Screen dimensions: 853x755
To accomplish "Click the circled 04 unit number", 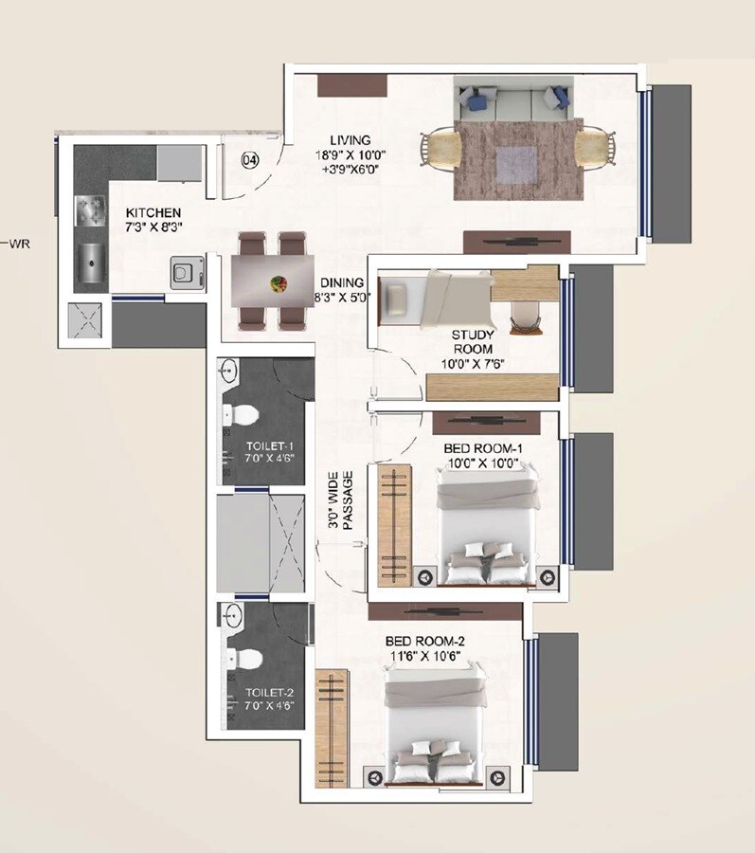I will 250,160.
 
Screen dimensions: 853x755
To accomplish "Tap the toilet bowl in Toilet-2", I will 243,657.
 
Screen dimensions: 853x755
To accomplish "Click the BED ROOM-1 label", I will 476,449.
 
